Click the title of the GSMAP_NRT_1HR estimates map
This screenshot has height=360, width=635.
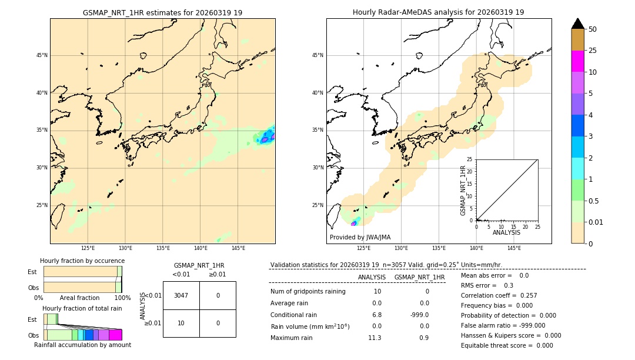click(x=162, y=12)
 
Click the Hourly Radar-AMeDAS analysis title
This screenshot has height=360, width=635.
click(x=438, y=12)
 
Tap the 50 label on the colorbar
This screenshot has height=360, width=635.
click(x=593, y=29)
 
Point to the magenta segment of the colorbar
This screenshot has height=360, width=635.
click(x=577, y=61)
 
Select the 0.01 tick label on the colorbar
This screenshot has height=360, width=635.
click(x=596, y=222)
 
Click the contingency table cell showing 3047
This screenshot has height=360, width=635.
click(x=181, y=295)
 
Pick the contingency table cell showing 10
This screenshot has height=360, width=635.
click(x=181, y=323)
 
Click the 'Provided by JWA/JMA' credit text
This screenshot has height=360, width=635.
click(x=360, y=237)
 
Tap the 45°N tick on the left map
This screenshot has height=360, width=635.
click(x=42, y=55)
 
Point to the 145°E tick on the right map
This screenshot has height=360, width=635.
click(x=514, y=248)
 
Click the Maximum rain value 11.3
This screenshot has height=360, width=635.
click(x=375, y=338)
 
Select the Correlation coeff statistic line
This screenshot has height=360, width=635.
click(x=499, y=295)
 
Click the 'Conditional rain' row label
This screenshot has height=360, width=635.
click(x=293, y=315)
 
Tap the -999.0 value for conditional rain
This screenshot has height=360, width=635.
click(x=419, y=315)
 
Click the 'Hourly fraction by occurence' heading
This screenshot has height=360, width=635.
click(x=82, y=261)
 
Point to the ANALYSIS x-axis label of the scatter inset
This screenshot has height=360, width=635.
click(x=506, y=232)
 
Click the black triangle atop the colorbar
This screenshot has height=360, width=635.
click(x=577, y=24)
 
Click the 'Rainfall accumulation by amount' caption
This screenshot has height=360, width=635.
click(x=82, y=345)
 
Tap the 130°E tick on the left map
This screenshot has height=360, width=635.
click(x=125, y=248)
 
